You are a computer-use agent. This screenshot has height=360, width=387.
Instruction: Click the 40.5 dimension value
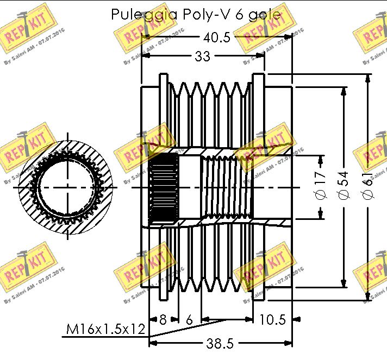tap(216, 37)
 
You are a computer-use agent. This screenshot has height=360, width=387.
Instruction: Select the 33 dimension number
tap(202, 56)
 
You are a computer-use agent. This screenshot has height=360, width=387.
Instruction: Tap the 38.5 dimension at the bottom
tap(220, 344)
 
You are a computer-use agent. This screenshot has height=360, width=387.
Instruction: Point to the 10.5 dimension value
tap(272, 320)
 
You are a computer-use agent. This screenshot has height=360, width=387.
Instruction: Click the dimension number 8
tap(163, 320)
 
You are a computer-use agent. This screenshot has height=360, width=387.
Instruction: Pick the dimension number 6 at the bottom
tap(189, 320)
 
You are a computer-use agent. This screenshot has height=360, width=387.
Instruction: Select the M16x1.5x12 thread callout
tap(105, 329)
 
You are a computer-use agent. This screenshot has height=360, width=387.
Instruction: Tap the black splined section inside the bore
tap(164, 187)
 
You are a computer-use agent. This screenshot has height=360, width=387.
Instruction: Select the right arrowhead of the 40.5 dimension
tap(289, 37)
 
